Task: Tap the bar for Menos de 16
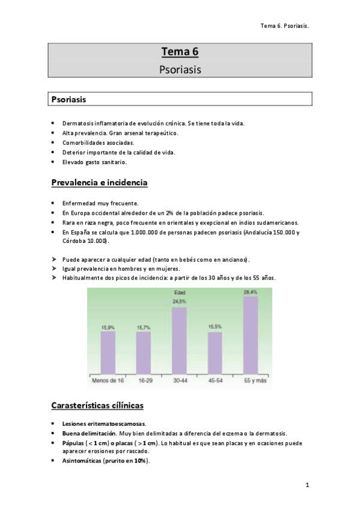(108, 352)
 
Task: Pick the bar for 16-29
(144, 352)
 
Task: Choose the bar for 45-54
(215, 352)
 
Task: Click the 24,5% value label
(179, 302)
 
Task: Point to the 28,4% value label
(251, 292)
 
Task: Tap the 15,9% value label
(108, 327)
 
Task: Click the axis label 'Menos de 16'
(108, 381)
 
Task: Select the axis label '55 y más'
(251, 381)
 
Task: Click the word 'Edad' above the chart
(179, 294)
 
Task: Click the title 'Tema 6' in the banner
(180, 52)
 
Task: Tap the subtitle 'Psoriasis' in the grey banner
(180, 69)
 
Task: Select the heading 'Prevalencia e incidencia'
(99, 182)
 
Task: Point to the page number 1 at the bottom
(307, 485)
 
